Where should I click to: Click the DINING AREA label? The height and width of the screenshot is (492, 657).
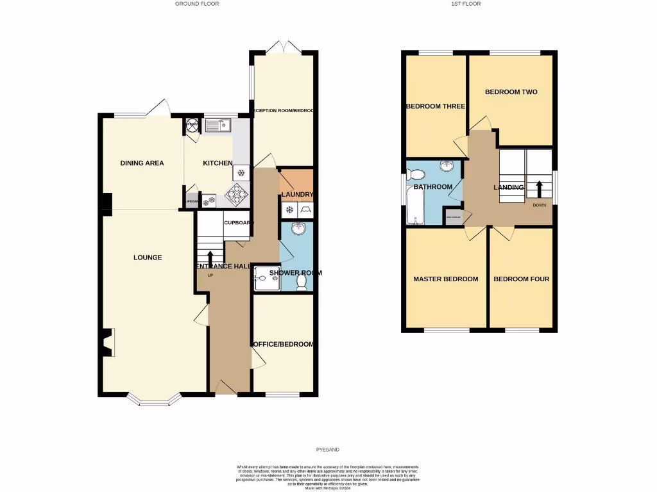tap(142, 163)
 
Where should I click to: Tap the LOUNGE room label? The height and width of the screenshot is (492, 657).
tap(148, 258)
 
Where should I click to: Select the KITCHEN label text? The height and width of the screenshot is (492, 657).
tap(218, 163)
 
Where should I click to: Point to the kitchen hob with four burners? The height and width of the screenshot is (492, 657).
tap(238, 192)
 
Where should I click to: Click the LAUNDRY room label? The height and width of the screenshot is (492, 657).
tap(296, 195)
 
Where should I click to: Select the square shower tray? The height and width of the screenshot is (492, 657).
tap(264, 277)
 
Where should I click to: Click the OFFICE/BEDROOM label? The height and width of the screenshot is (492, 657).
tap(284, 344)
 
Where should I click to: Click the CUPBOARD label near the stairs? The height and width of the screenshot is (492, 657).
tap(237, 223)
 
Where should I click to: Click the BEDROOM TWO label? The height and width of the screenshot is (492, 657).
tap(511, 92)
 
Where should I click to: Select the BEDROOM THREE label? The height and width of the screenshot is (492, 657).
tap(435, 106)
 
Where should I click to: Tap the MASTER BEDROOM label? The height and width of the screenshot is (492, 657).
tap(445, 279)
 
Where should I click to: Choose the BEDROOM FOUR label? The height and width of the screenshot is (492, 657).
tap(521, 279)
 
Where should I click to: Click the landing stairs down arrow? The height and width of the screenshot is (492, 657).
tap(539, 189)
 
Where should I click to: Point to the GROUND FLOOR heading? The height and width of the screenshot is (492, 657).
tap(197, 4)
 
